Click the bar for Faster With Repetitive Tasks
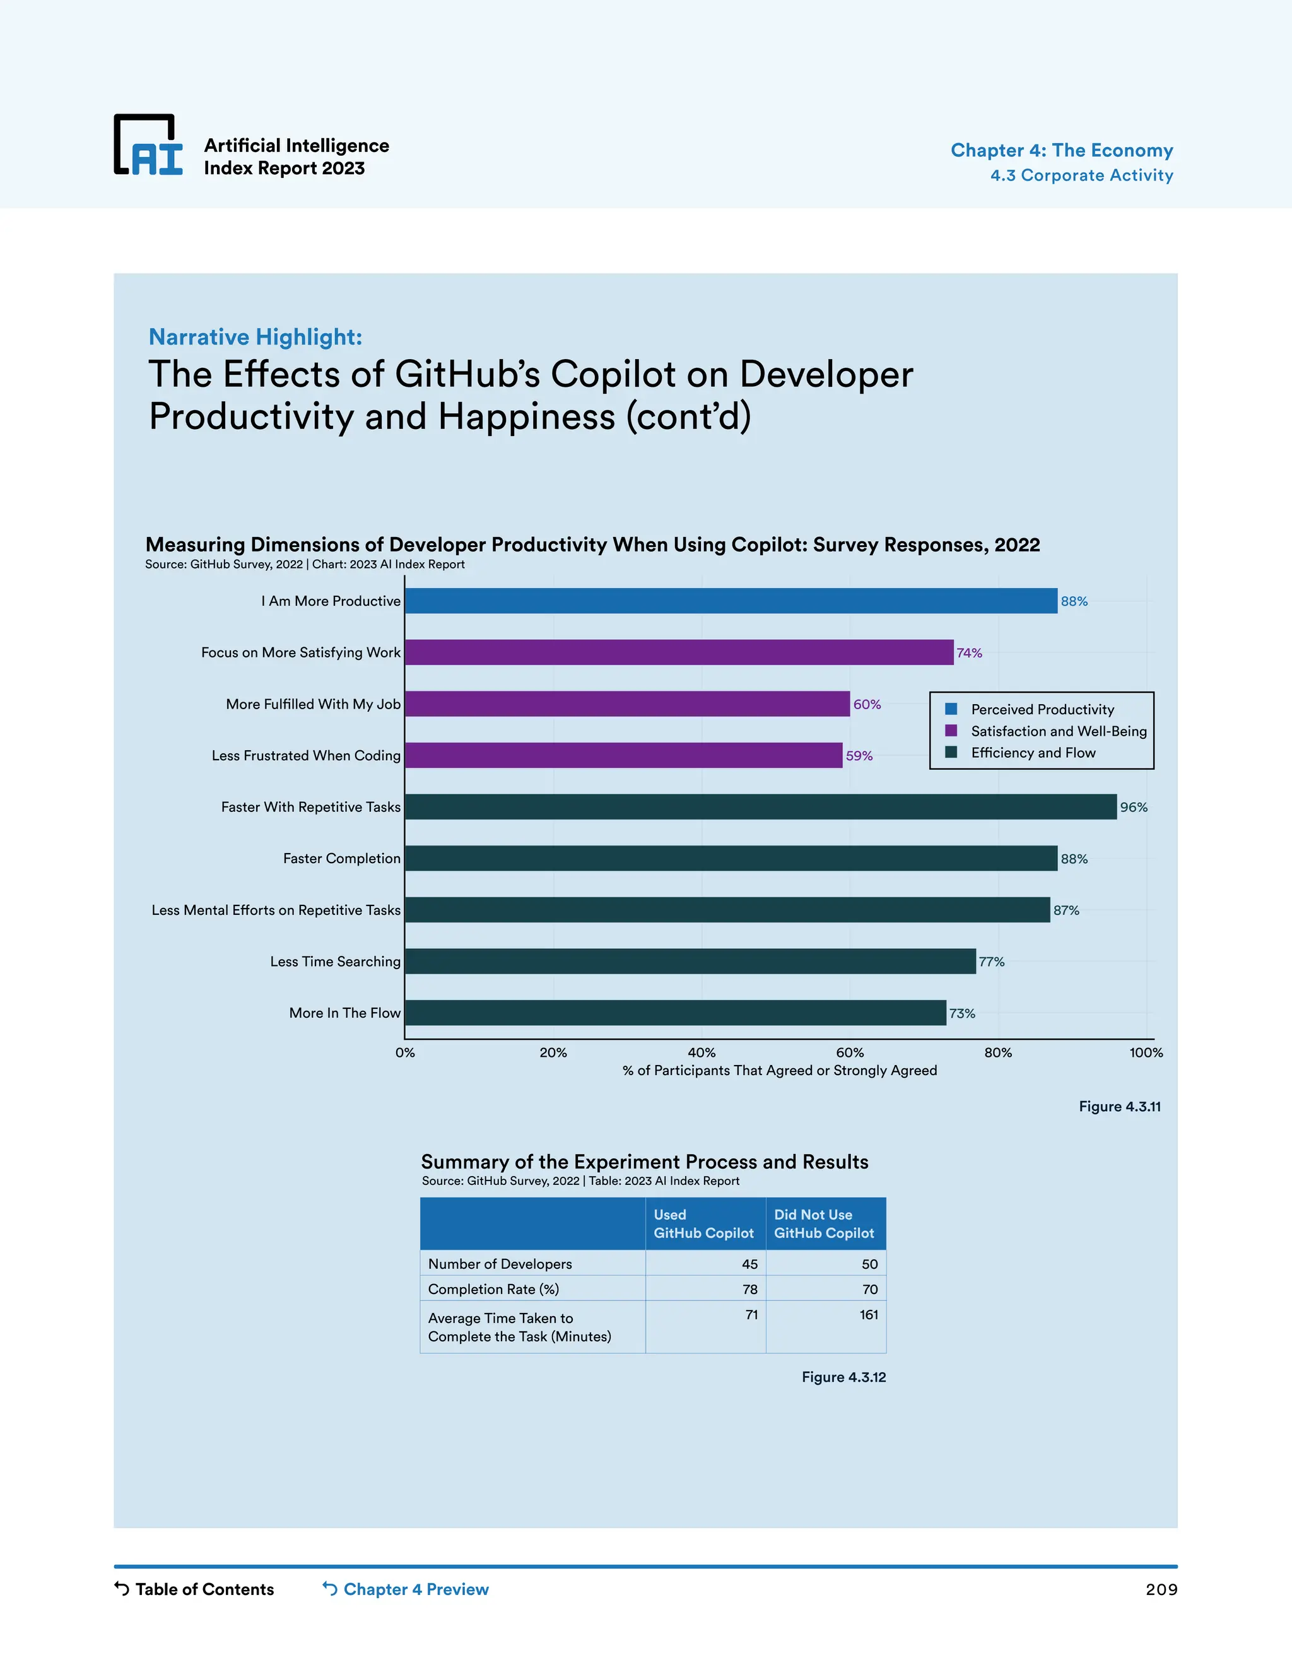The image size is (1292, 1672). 760,807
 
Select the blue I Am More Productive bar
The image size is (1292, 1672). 731,601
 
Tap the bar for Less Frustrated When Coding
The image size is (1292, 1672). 623,756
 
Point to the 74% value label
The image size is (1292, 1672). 969,653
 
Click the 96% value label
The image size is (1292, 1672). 1134,808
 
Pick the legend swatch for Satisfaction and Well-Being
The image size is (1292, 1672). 951,731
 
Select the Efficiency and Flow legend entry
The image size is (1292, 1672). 1033,753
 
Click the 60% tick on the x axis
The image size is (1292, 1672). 850,1052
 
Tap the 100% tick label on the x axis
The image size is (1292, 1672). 1146,1052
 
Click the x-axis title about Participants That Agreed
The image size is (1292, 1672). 779,1070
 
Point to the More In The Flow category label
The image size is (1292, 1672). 344,1013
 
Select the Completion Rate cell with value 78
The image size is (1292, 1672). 749,1289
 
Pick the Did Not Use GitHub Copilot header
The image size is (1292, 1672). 823,1223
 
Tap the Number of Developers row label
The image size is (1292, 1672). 500,1264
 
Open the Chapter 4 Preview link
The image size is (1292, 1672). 415,1589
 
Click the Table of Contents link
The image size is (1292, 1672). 204,1589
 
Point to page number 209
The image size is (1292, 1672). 1161,1590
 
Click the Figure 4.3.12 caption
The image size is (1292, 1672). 843,1377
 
